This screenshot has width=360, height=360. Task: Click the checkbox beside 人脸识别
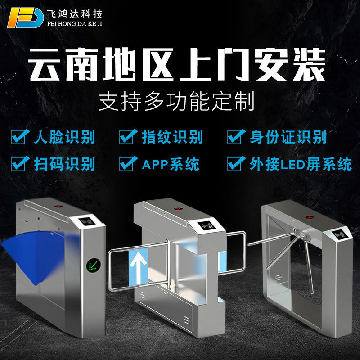click(19, 136)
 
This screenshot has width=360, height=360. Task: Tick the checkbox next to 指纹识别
click(127, 136)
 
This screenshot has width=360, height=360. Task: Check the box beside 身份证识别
click(235, 136)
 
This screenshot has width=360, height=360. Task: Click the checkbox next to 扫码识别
click(19, 164)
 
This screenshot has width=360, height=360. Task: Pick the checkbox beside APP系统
click(127, 164)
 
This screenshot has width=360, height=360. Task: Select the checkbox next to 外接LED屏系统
click(235, 164)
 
